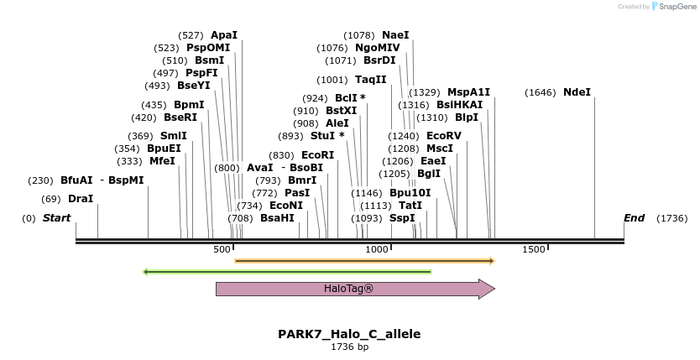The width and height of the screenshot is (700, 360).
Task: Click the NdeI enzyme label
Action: (x=577, y=92)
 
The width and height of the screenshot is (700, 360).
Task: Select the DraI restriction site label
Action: (x=81, y=199)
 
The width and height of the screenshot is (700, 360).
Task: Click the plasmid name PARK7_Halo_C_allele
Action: (x=349, y=334)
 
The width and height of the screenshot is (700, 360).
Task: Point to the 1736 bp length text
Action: (x=349, y=347)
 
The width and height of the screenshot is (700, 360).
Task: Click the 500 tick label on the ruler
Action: (x=222, y=249)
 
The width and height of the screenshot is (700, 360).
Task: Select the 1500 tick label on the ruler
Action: (x=534, y=249)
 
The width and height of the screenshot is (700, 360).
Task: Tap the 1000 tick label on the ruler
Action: (x=377, y=249)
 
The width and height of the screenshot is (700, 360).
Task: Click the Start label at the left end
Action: (x=56, y=218)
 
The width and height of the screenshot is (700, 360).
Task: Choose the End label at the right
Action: (x=634, y=218)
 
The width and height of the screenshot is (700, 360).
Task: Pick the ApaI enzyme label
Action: (x=224, y=35)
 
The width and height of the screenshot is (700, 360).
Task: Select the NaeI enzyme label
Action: (x=395, y=35)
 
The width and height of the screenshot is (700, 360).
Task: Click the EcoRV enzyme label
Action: (x=444, y=136)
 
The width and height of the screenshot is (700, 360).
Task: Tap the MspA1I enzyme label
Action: (x=468, y=92)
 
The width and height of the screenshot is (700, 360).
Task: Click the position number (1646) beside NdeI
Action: (x=541, y=92)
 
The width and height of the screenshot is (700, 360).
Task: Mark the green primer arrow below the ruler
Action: (x=288, y=272)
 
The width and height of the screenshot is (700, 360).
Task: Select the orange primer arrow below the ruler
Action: (x=365, y=261)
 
